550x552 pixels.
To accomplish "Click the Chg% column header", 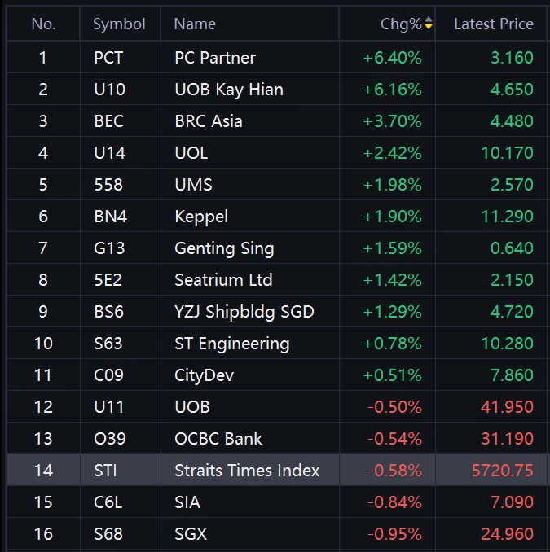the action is pos(401,24).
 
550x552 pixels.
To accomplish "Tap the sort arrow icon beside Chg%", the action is pos(429,24).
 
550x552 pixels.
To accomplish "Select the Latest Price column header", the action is pos(494,24).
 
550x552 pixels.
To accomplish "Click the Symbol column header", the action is pos(119,24).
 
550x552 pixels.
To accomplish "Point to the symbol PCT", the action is pos(108,58).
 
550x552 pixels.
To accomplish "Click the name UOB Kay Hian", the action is pos(229,90).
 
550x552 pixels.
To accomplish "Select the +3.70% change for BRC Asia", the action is pos(393,121).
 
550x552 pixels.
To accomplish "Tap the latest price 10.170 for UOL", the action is pos(508,153).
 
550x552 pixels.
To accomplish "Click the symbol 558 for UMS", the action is pos(108,185).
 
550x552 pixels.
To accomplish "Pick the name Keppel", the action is pos(201,217).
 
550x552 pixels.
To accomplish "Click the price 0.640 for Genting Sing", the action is pos(512,248).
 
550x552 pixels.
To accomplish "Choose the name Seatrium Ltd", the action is pos(224,280).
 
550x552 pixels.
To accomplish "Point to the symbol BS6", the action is pos(109,312).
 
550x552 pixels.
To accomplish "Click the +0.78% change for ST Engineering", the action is pos(393,344).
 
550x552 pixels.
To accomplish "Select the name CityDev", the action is pos(204,375).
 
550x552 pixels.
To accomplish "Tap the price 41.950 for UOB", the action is pos(508,407).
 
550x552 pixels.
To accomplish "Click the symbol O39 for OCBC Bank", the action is pos(109,439).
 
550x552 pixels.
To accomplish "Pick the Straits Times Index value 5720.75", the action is pos(503,471).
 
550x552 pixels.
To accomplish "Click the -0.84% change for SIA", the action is pos(394,502).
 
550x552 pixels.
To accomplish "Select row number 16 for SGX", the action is pos(43,534).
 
